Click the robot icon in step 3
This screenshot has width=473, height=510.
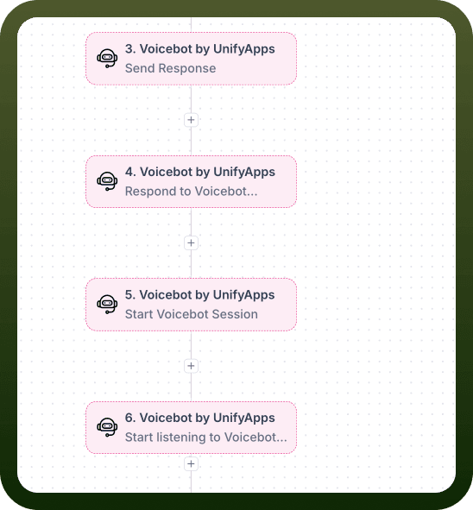click(107, 58)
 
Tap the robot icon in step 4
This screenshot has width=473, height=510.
click(107, 181)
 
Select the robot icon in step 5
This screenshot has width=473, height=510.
click(107, 304)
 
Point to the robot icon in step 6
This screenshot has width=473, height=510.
click(107, 427)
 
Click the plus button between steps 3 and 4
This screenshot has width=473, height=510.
click(191, 120)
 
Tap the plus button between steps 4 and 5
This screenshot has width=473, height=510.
click(191, 243)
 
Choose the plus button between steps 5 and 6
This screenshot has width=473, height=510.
click(191, 366)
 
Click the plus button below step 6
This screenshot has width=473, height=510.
click(191, 463)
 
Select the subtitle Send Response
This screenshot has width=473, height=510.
click(170, 69)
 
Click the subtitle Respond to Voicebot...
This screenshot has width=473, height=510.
click(192, 192)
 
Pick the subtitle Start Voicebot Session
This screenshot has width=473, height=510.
click(192, 314)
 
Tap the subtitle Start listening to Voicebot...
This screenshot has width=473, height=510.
click(206, 438)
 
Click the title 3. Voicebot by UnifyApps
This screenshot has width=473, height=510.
click(200, 49)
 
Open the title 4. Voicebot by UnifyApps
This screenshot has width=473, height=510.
click(200, 172)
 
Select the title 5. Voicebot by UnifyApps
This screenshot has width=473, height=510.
click(200, 295)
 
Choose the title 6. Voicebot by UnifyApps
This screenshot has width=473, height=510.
click(200, 418)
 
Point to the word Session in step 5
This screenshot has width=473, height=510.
click(235, 314)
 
